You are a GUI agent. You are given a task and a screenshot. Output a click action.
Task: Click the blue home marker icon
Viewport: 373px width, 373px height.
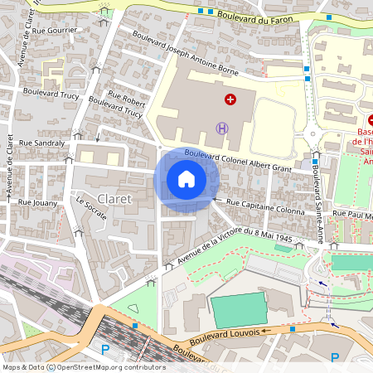pos(186,178)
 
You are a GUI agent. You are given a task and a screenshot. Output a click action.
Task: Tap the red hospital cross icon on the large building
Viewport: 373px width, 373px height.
pos(230,99)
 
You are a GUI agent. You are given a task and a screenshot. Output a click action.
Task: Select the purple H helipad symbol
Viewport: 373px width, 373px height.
pos(221,127)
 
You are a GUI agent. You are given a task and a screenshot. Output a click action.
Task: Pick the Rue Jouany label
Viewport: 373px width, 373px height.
pos(36,201)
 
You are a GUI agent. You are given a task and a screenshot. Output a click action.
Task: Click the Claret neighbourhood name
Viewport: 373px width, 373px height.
pos(114,199)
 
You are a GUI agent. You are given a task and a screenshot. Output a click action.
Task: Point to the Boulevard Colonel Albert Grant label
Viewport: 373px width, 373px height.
pos(239,162)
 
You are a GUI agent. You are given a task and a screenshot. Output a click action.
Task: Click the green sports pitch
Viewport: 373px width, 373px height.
pos(239,308)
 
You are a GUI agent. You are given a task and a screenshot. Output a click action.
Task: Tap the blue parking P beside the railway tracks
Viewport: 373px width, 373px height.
pos(105,350)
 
